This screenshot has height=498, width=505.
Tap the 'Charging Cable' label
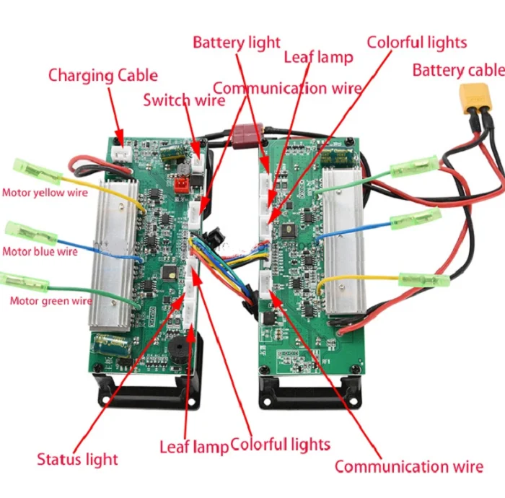[x=103, y=75]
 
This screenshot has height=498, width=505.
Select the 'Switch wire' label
[x=184, y=100]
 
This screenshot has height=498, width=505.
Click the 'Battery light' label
[x=237, y=43]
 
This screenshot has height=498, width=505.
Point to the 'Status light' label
[x=77, y=459]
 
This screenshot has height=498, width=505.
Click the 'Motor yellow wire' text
[x=45, y=193]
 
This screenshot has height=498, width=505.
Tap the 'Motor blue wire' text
[x=40, y=251]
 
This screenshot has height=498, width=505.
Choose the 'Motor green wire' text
[x=51, y=301]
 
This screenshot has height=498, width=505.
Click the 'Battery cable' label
[x=459, y=70]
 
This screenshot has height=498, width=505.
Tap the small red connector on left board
[x=181, y=185]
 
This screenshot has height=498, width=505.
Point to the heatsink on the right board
[x=344, y=241]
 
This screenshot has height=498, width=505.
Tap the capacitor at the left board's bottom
[x=113, y=345]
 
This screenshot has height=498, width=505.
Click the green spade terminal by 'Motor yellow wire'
[x=37, y=171]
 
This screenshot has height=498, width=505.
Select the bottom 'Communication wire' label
[x=409, y=466]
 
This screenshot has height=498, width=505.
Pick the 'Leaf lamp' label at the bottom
[x=194, y=447]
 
